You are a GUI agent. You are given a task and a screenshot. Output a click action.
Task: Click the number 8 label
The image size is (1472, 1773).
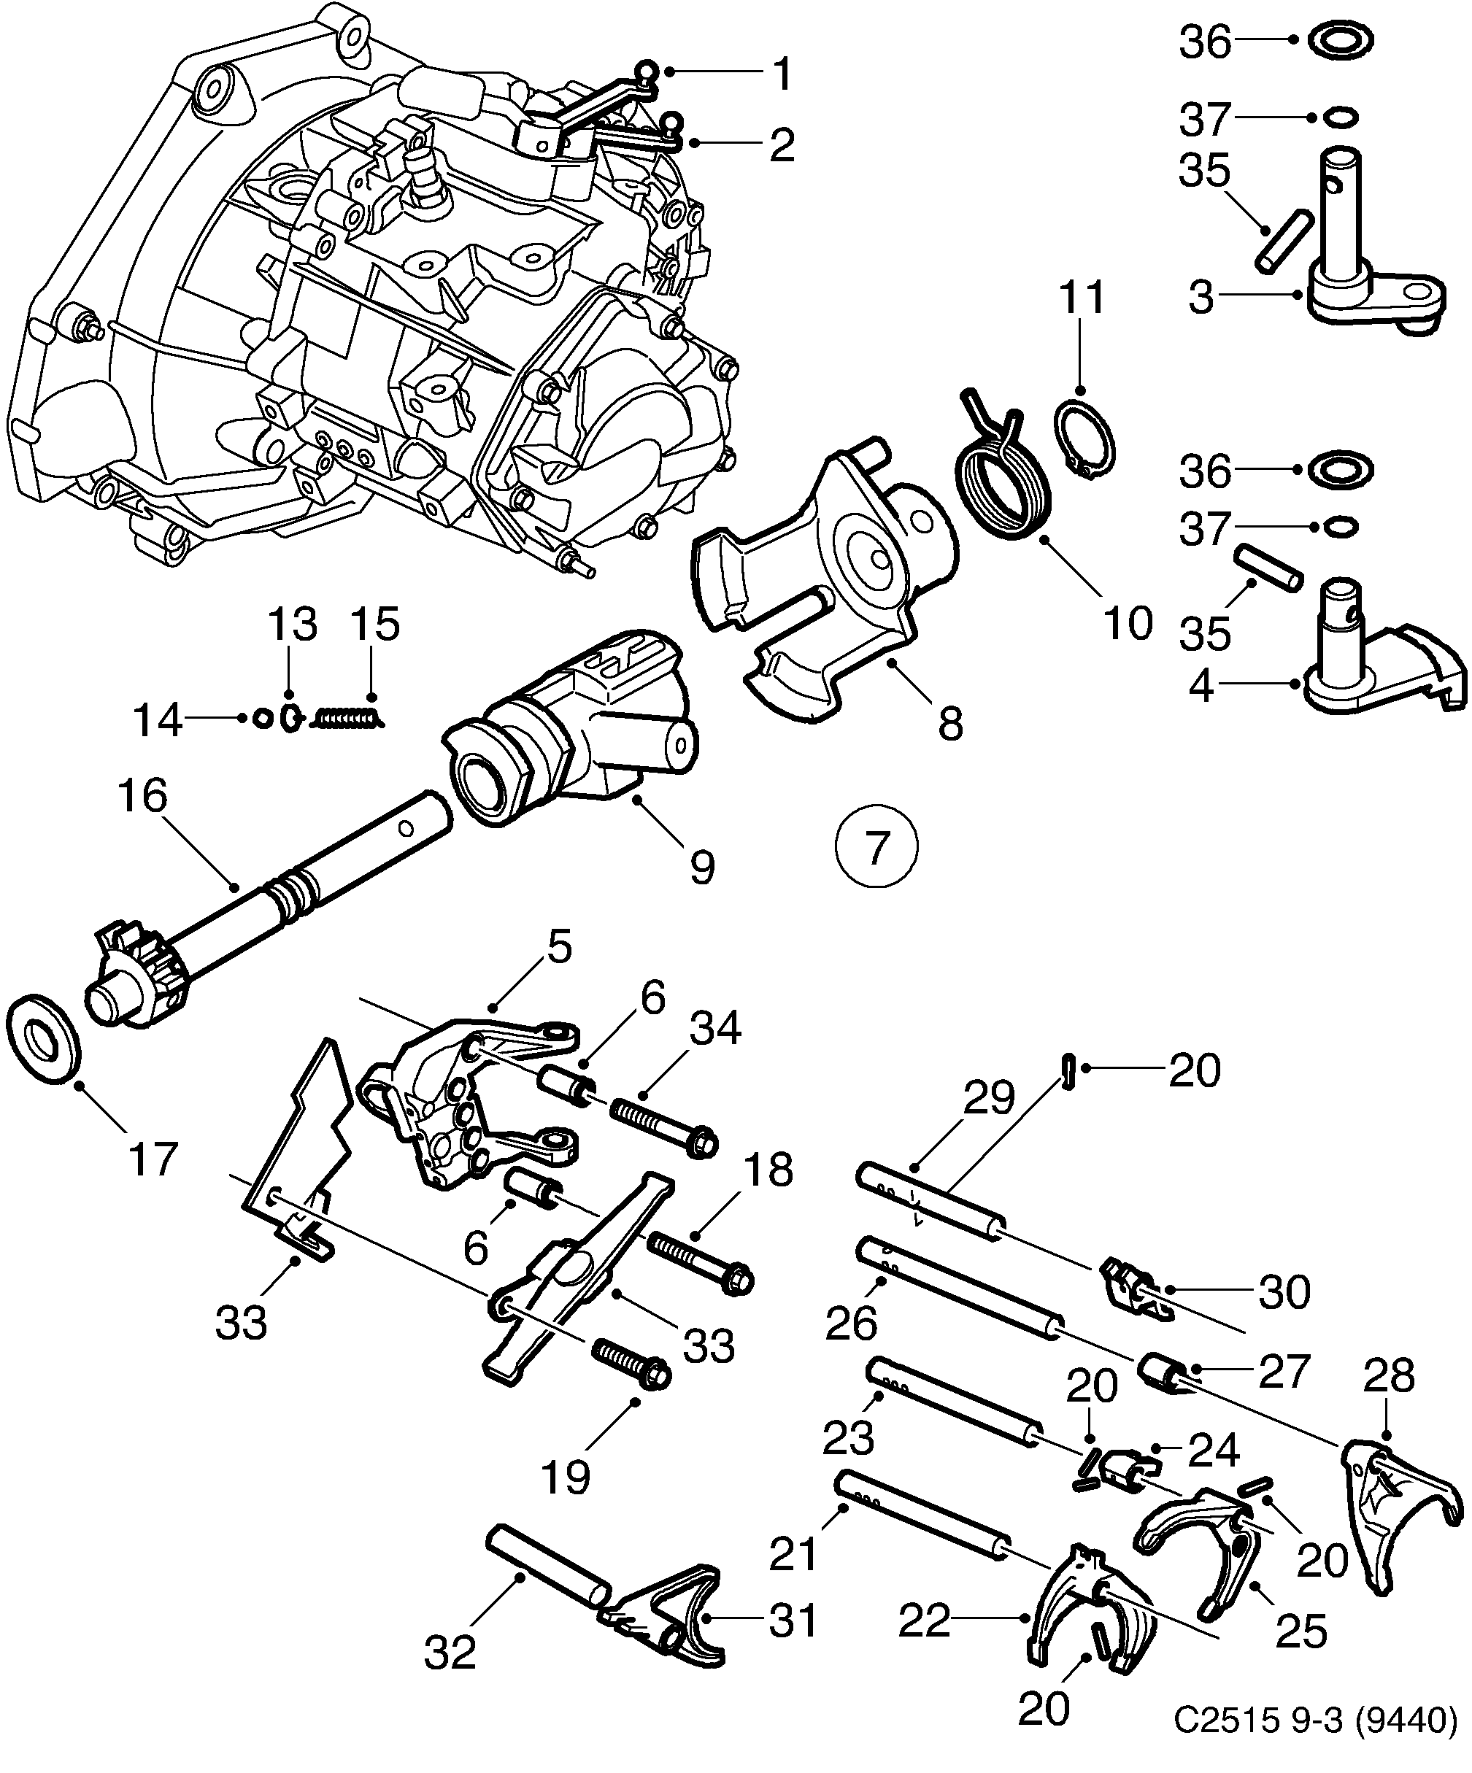(950, 724)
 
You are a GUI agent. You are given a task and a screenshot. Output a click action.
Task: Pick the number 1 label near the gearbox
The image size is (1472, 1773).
(784, 74)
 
